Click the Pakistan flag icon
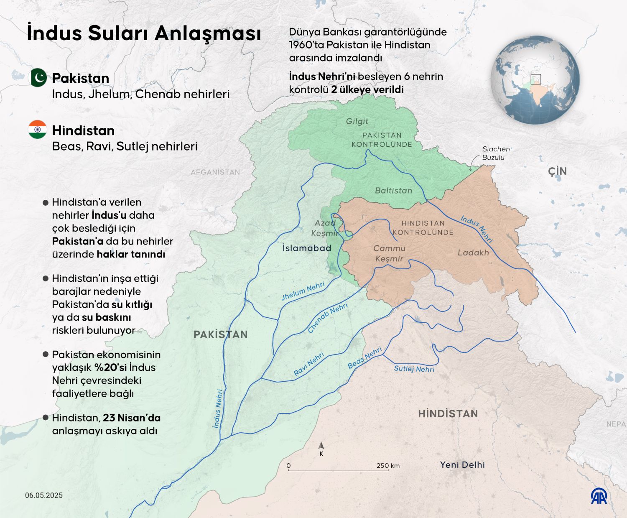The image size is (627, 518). coord(38,77)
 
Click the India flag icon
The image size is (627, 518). coord(38,130)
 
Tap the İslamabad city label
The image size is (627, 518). coord(307,248)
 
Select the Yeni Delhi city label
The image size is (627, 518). coord(462,464)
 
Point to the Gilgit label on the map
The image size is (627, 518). coord(357,121)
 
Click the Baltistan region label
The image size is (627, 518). coord(393,190)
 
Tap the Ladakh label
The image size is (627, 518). coord(473,253)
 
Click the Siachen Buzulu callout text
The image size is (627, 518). coord(496,153)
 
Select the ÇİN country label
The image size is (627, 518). coord(557,171)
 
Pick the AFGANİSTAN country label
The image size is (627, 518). coord(215,172)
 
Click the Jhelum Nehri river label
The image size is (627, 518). coord(303,291)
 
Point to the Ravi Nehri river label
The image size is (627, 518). coord(309,364)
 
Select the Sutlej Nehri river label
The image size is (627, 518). coord(414,369)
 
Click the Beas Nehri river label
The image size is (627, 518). coord(365,358)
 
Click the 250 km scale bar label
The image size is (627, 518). coord(388,465)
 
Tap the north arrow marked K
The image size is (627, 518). coord(321,449)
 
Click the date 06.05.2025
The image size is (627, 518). coord(44,495)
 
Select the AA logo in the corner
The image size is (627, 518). coord(599,496)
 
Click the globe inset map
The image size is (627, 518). coord(535,79)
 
